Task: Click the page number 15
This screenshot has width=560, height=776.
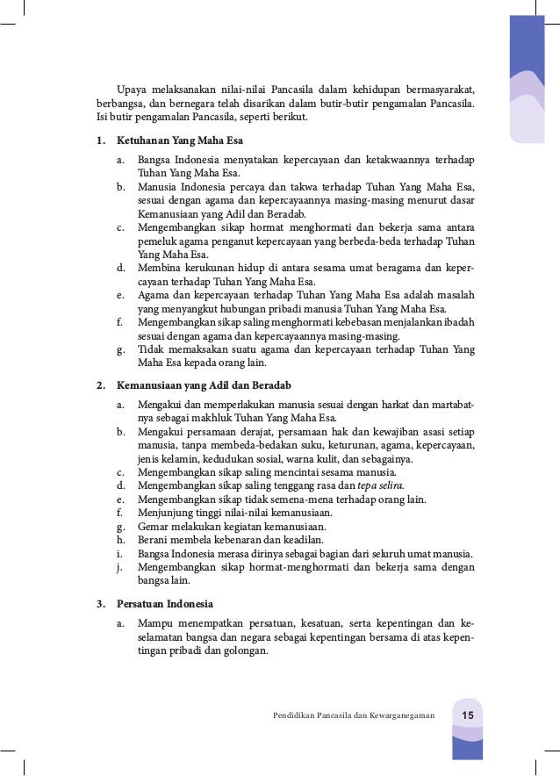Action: (x=468, y=715)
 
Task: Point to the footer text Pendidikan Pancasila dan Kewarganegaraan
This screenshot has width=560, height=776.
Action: (x=354, y=715)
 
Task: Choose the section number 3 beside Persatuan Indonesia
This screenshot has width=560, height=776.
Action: (x=100, y=604)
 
